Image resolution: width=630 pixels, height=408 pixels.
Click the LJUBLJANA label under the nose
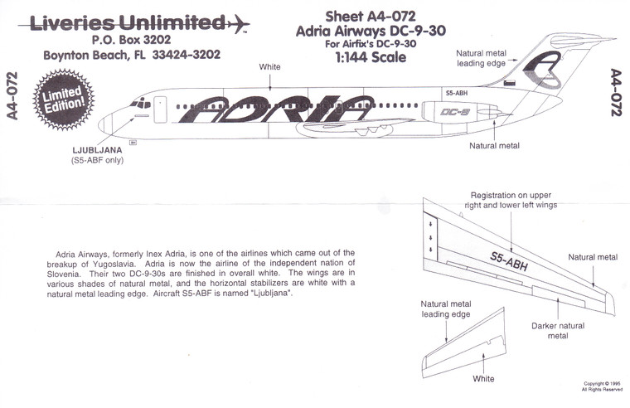(99, 150)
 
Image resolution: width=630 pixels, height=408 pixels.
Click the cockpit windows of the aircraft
(140, 104)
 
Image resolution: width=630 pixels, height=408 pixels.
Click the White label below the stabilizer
(482, 379)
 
